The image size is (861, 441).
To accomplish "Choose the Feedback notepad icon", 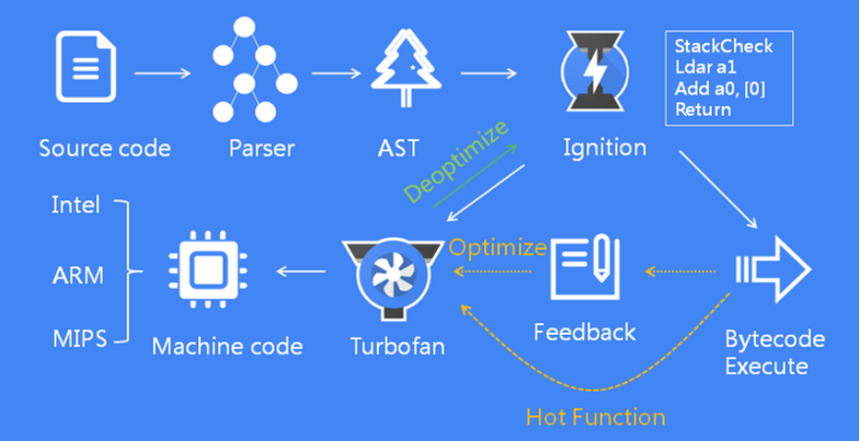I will point(584,270).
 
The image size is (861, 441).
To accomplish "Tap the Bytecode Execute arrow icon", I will point(774,270).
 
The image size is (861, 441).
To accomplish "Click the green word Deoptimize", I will point(458,162).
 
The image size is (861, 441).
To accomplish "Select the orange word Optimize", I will point(498,247).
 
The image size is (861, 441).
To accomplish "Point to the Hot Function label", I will point(596,416).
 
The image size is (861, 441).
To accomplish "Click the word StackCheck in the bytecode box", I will point(725,46).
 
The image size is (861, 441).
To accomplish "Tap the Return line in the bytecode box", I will point(703,109).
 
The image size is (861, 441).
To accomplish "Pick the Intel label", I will point(75,206).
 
